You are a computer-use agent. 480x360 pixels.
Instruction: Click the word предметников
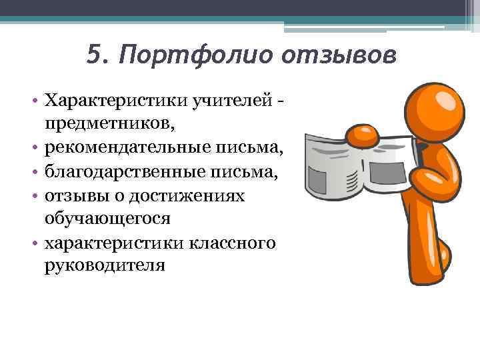(109, 125)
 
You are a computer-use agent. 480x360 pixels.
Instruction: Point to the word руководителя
(104, 265)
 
